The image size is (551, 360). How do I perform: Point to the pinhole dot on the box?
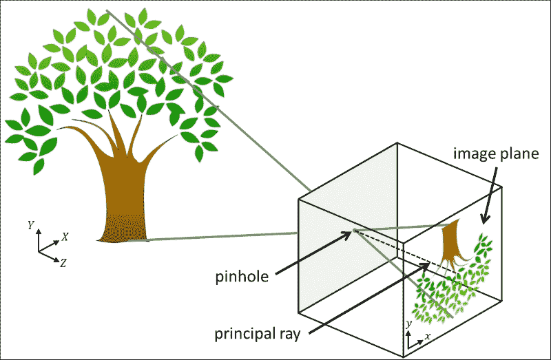(x=355, y=231)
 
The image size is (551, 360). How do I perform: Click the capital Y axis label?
(x=30, y=225)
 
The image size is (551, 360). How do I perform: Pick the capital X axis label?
(x=65, y=236)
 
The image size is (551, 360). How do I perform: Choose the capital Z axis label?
(x=63, y=262)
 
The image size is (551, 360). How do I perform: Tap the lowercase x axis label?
(x=428, y=337)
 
